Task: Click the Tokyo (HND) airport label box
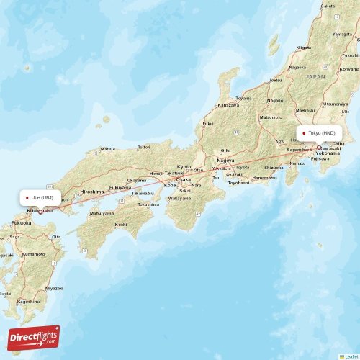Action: point(318,133)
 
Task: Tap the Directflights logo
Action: point(35,337)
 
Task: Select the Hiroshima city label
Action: point(91,192)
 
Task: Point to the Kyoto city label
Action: point(184,166)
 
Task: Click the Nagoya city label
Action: point(225,160)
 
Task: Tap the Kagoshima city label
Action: point(28,301)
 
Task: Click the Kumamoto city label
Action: point(33,254)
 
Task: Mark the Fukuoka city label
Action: point(21,223)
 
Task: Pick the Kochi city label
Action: point(120,225)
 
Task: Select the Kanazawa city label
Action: point(228,105)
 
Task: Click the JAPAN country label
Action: point(315,76)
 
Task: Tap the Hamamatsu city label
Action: point(264,178)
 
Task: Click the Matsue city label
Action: point(107,149)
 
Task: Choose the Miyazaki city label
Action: point(54,288)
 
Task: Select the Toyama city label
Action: point(244,98)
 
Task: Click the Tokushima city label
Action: point(148,204)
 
